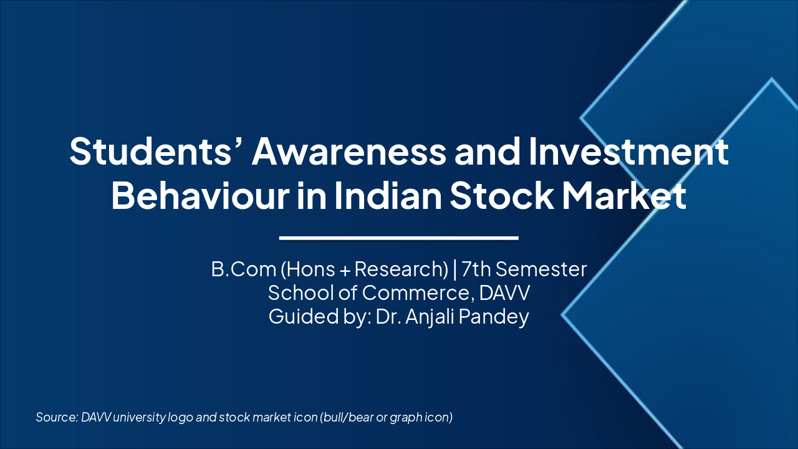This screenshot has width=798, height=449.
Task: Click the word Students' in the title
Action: click(153, 152)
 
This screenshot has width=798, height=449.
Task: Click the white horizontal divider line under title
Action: click(399, 238)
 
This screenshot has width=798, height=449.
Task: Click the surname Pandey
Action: click(498, 316)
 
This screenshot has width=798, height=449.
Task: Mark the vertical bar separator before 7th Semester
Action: click(455, 269)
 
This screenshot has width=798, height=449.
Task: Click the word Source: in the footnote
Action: click(57, 417)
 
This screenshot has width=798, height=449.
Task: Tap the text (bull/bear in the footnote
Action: click(347, 417)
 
